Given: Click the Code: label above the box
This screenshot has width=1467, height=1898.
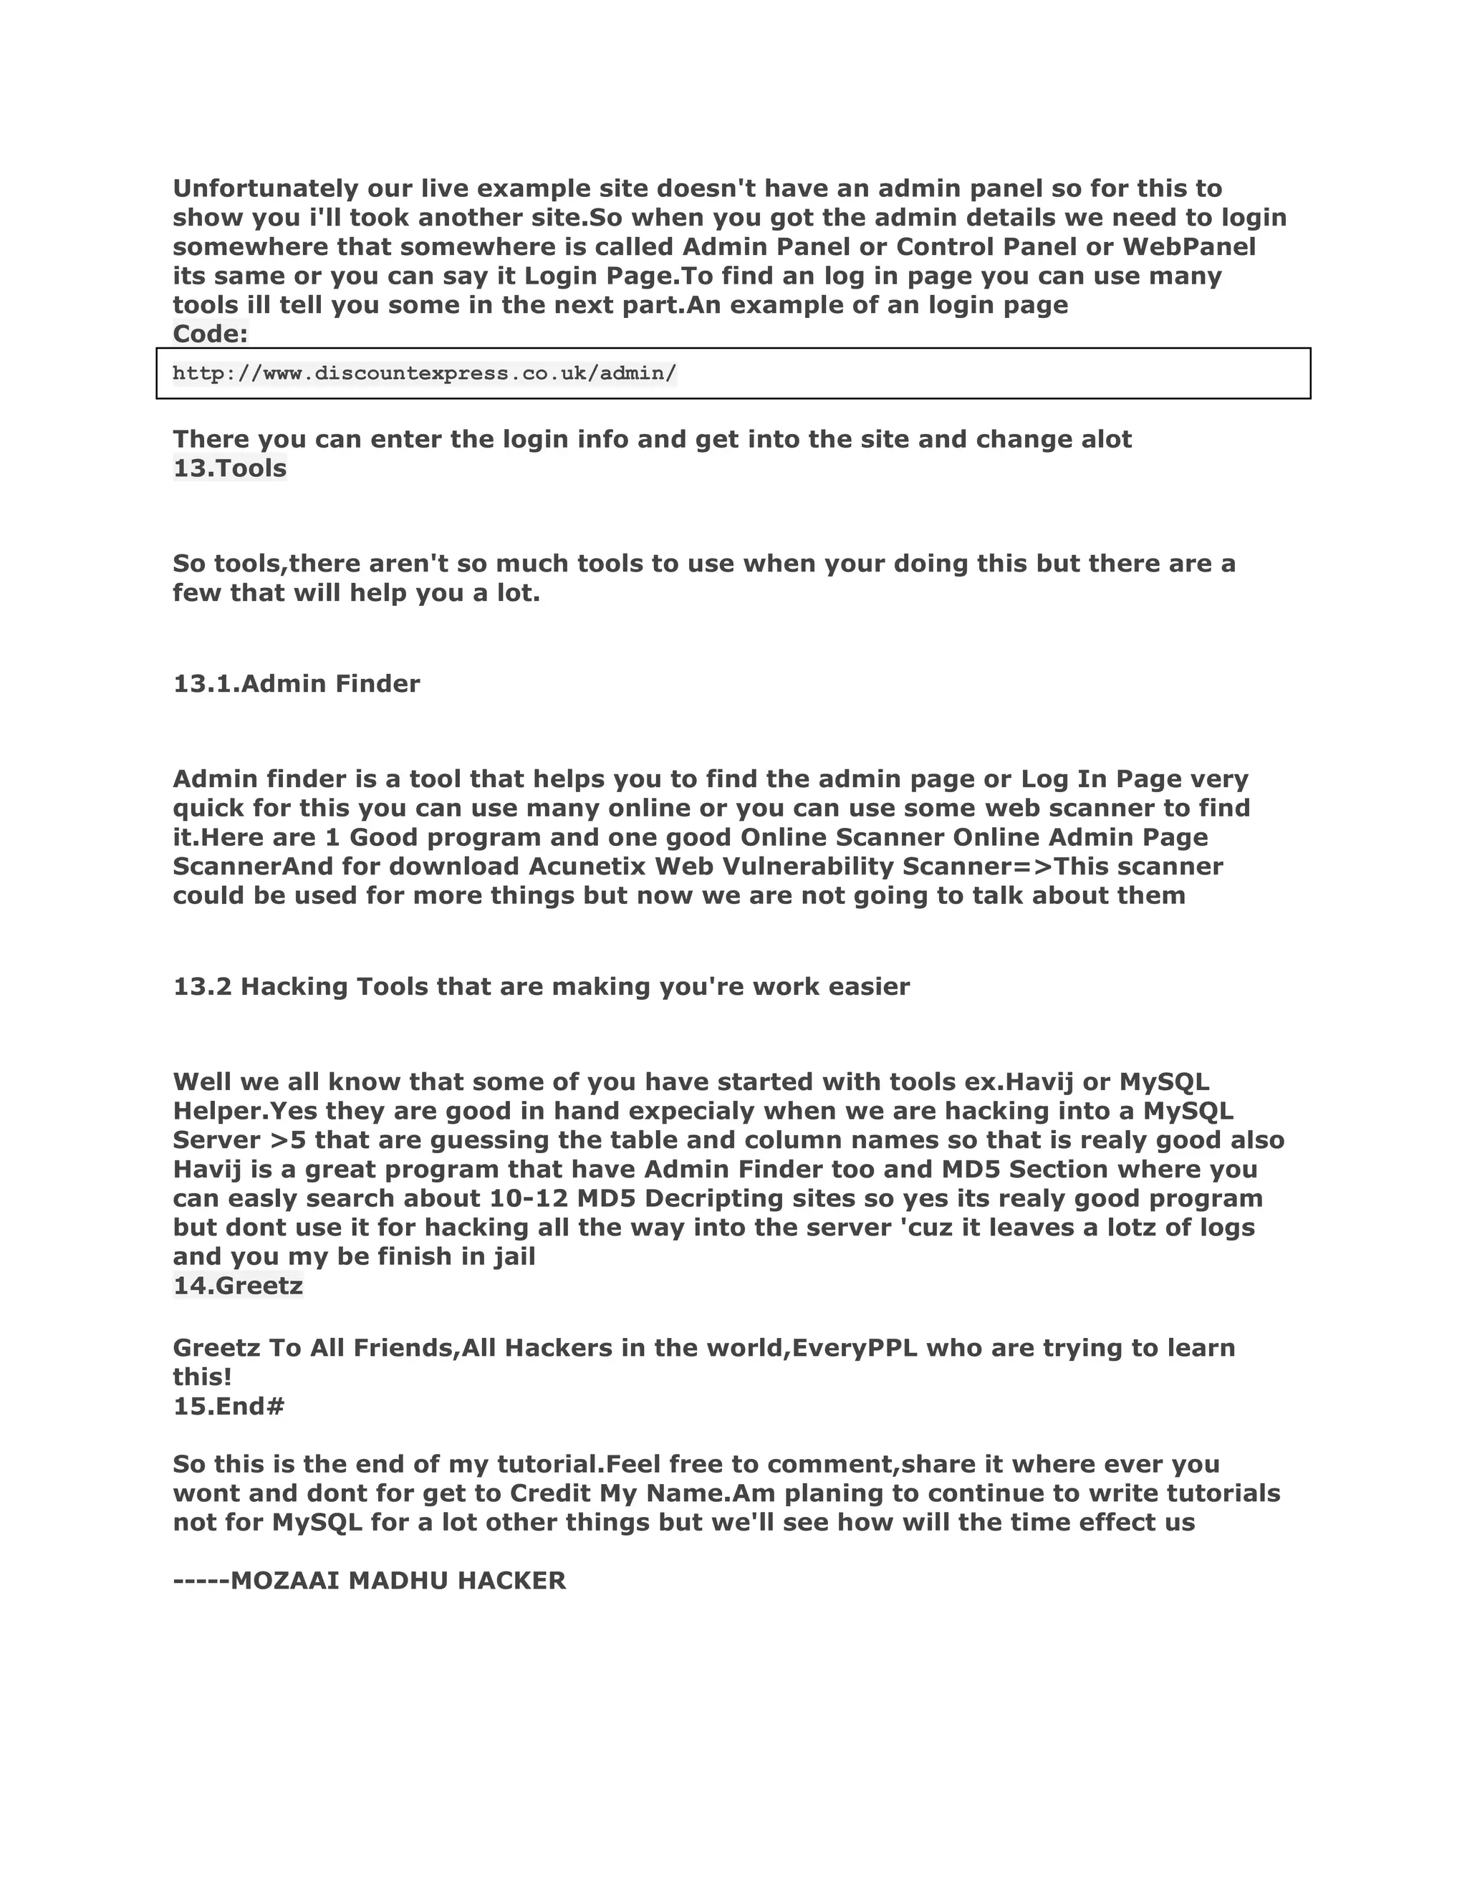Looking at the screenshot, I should [x=211, y=334].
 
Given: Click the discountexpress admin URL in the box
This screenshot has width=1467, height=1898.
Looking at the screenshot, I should [x=424, y=374].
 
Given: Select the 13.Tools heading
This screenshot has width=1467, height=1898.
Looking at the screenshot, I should [x=229, y=468].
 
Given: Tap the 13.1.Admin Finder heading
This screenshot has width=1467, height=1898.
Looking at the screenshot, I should [x=297, y=684].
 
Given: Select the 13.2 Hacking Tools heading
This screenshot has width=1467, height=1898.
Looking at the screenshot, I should [x=541, y=987].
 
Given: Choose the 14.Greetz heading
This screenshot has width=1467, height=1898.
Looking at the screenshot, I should [x=237, y=1286].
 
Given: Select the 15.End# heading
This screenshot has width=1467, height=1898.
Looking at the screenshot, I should [x=229, y=1406].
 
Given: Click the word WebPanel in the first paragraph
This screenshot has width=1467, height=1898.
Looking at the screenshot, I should [x=1189, y=247].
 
